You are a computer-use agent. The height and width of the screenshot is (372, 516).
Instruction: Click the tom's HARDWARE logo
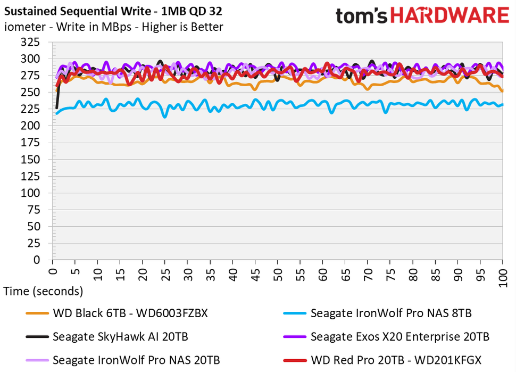click(422, 15)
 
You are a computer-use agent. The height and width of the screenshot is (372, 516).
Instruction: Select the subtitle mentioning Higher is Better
click(114, 27)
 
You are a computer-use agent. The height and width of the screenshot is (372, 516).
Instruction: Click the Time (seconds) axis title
click(43, 291)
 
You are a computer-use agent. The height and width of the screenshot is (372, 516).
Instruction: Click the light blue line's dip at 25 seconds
click(165, 116)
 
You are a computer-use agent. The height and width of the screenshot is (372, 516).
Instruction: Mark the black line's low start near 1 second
click(57, 108)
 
